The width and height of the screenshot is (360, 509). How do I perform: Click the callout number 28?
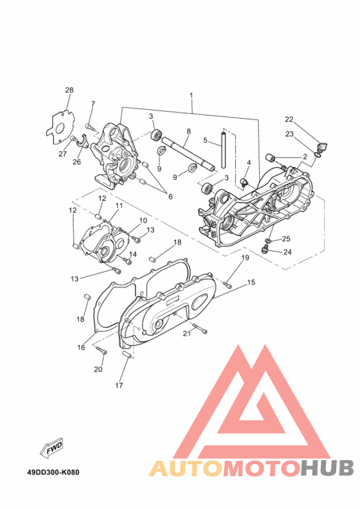point(69,90)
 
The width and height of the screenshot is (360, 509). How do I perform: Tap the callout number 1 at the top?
point(191,95)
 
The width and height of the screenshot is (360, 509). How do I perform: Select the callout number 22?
point(289,120)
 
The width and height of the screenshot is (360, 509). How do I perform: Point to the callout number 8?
point(188,132)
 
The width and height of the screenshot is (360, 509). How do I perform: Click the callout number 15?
point(251,282)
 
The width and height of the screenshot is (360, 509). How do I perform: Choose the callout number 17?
point(119,386)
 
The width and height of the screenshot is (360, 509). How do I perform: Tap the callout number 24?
point(287,252)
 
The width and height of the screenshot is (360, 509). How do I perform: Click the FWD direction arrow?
point(51,449)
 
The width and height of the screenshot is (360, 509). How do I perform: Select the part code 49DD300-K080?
point(53,472)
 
